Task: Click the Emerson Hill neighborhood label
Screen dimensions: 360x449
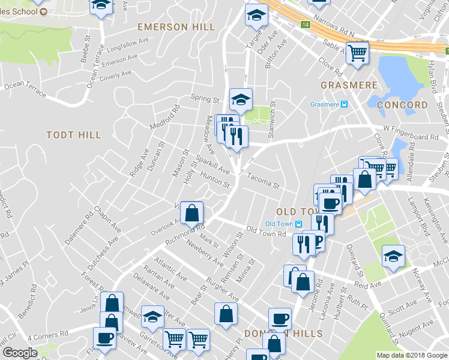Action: click(176, 27)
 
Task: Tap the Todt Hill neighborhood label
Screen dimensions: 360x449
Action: click(74, 135)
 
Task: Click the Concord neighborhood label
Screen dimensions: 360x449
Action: click(403, 104)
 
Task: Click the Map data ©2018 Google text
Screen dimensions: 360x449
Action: click(411, 355)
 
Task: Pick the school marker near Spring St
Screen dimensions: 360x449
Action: click(241, 100)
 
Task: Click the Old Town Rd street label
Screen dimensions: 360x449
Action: click(266, 231)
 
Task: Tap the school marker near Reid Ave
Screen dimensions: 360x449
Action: click(393, 256)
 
